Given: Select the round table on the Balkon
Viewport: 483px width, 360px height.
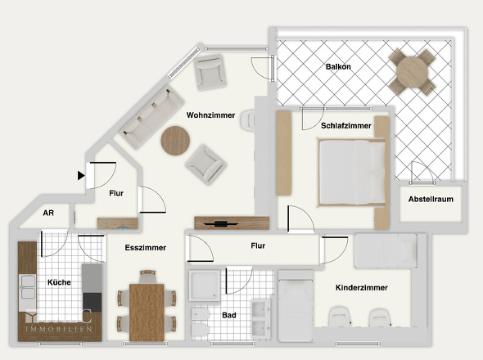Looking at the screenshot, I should [x=413, y=72].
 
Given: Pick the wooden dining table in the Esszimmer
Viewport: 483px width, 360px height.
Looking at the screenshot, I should [x=147, y=311].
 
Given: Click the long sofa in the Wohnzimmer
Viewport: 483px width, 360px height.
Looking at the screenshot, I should [x=153, y=114].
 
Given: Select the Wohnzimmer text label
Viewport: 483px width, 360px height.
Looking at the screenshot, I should [x=210, y=115].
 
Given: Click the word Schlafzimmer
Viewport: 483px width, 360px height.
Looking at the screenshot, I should [x=346, y=126].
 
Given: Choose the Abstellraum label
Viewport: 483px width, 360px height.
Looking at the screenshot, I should [x=431, y=198].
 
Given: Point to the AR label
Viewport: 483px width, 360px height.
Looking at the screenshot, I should [x=48, y=214].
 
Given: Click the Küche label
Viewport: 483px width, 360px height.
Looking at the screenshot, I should [x=59, y=282].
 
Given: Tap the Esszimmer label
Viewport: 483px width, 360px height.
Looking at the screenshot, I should [x=147, y=247].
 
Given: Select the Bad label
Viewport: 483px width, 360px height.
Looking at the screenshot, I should [x=229, y=314].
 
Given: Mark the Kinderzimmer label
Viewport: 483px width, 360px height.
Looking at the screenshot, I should [x=361, y=288].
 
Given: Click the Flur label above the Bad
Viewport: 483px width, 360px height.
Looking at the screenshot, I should [x=259, y=244].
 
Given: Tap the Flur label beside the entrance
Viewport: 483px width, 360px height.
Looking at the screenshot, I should [x=116, y=194].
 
